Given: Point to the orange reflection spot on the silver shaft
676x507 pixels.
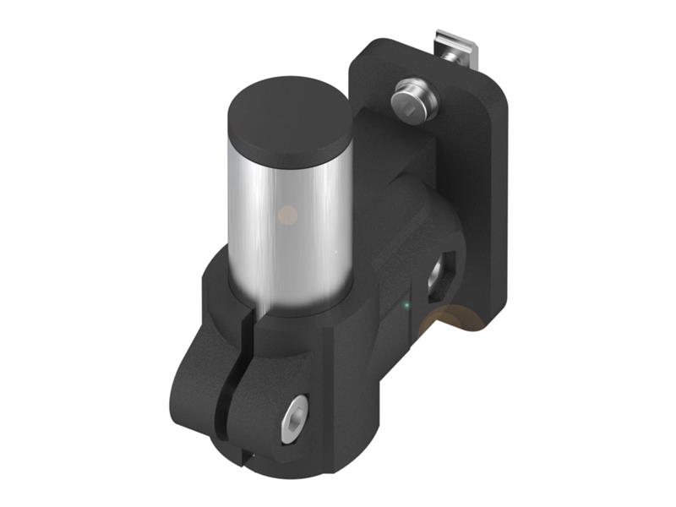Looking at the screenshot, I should click(x=287, y=215).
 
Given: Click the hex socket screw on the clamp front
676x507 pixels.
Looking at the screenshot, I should click(x=296, y=417).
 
